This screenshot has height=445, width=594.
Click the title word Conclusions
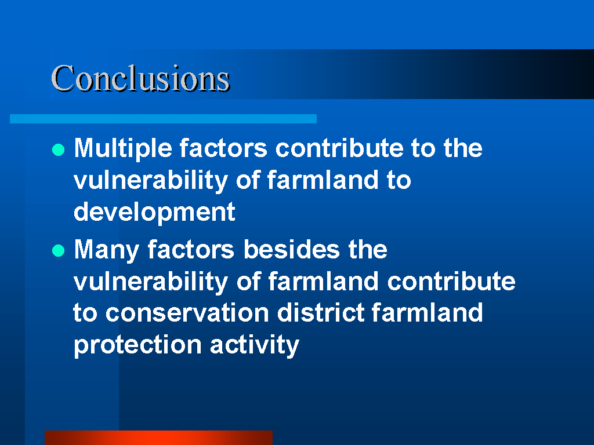click(140, 78)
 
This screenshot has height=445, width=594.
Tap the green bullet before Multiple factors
click(59, 150)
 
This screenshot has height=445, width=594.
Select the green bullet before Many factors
click(59, 250)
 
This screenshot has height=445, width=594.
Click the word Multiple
click(123, 149)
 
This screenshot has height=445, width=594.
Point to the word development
click(154, 212)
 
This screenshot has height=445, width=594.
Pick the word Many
click(107, 250)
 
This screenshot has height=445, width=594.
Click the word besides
click(291, 249)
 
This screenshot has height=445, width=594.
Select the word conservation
click(187, 313)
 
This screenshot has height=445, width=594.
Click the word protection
click(137, 345)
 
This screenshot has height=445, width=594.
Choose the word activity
click(255, 345)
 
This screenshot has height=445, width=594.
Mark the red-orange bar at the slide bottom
click(158, 437)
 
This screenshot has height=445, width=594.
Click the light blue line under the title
click(163, 119)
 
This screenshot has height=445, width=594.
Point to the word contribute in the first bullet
click(339, 148)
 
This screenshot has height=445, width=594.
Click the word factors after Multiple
click(223, 148)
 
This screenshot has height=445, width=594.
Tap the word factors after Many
click(191, 249)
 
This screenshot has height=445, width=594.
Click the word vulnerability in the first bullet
click(151, 181)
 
